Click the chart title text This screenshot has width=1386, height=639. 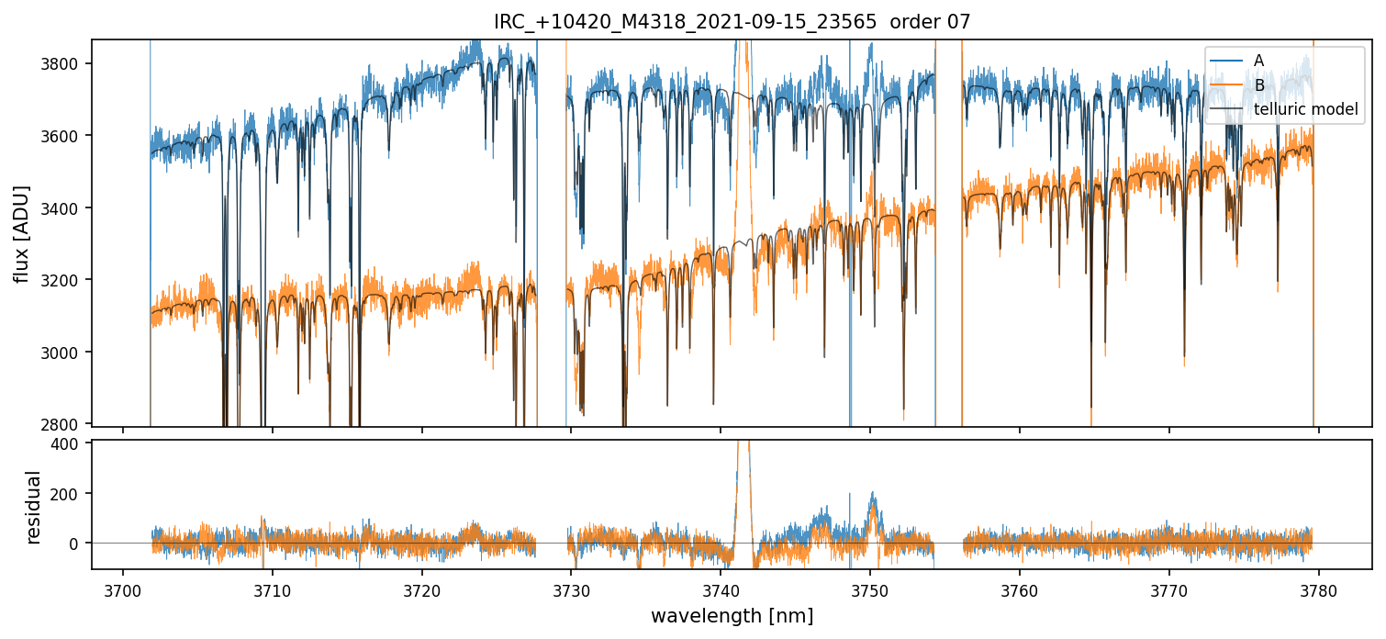tap(732, 22)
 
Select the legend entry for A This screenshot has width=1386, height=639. tap(1258, 61)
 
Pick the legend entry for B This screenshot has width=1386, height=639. tap(1258, 85)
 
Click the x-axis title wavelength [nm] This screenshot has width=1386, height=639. tap(732, 616)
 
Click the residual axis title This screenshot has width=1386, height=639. tap(34, 507)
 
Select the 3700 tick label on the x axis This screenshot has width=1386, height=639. tap(123, 589)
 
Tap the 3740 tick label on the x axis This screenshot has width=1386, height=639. tap(721, 589)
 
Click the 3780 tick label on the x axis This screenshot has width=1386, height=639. tap(1318, 589)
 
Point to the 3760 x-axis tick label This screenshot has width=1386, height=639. tap(1019, 589)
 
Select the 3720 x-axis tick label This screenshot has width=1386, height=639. tap(422, 589)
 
